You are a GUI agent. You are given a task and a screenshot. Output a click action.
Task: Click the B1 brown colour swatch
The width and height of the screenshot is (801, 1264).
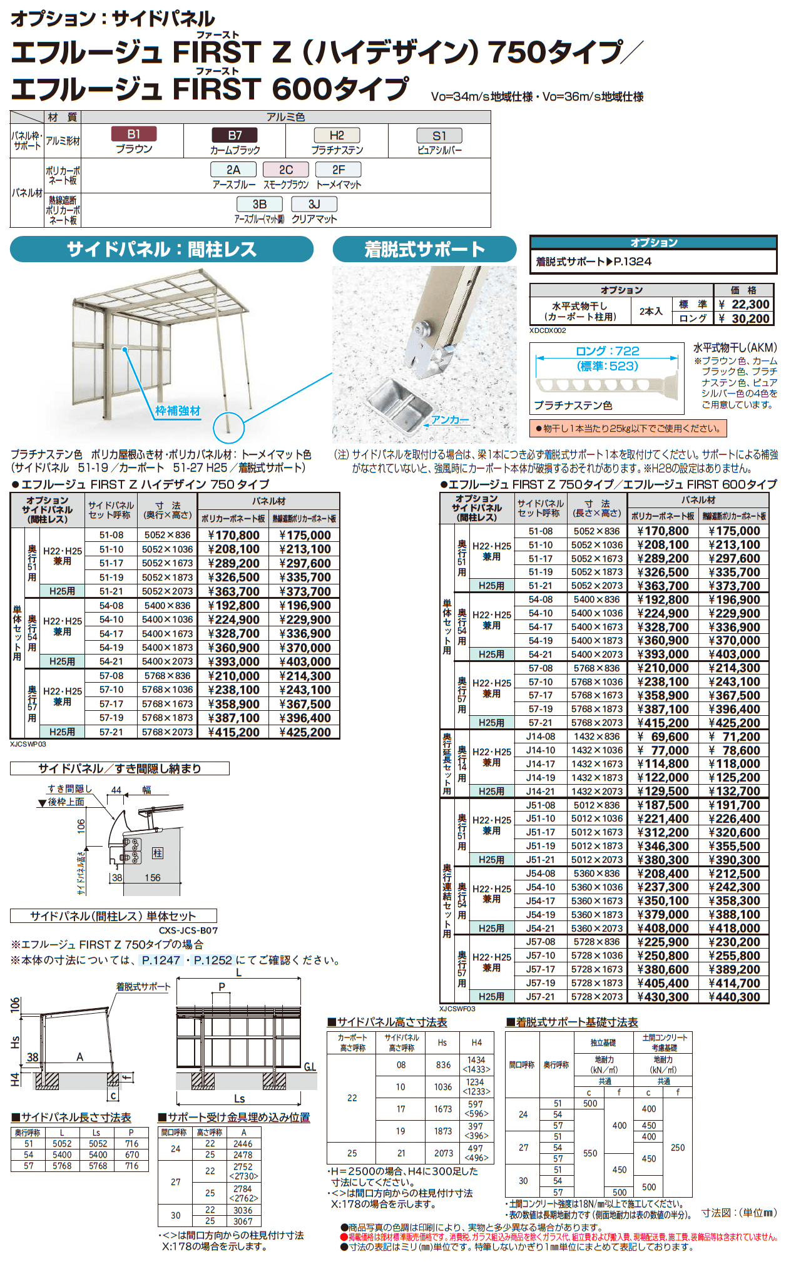pos(133,134)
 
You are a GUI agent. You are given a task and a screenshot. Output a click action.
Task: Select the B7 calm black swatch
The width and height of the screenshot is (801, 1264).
pos(235,135)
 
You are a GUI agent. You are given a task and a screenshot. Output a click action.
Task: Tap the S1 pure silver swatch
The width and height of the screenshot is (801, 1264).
pos(439,136)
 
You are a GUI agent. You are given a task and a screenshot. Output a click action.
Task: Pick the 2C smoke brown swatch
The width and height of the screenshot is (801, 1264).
pos(286,170)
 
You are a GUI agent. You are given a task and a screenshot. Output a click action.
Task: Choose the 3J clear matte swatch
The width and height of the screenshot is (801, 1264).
pos(314,204)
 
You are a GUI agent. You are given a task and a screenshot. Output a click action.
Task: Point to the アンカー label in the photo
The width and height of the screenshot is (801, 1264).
pos(450,420)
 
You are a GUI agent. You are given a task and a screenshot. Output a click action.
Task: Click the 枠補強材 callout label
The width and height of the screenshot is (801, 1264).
pos(178,411)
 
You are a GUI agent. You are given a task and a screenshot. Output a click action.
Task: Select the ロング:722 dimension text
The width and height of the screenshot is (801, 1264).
pos(607,351)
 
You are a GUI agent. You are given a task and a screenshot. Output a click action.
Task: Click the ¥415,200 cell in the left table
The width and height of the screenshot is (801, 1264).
pos(233,732)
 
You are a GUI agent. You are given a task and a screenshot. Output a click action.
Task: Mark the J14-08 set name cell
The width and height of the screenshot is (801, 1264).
pos(540,736)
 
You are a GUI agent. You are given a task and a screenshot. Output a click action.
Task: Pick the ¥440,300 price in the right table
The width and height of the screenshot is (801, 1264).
pos(734,997)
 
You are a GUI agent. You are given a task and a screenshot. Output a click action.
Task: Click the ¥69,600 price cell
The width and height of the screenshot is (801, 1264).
pos(663,736)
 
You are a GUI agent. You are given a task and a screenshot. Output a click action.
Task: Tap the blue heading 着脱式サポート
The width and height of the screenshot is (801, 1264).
pos(424,249)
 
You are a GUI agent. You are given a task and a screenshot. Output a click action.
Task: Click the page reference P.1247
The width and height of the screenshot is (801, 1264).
pos(161,960)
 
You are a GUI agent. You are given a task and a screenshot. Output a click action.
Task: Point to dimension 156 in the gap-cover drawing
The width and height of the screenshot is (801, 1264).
pos(153,878)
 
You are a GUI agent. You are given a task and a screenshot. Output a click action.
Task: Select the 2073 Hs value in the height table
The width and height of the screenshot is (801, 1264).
pos(443,1153)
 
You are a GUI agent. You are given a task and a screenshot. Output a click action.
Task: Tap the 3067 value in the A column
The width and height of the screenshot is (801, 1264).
pos(243,1221)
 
